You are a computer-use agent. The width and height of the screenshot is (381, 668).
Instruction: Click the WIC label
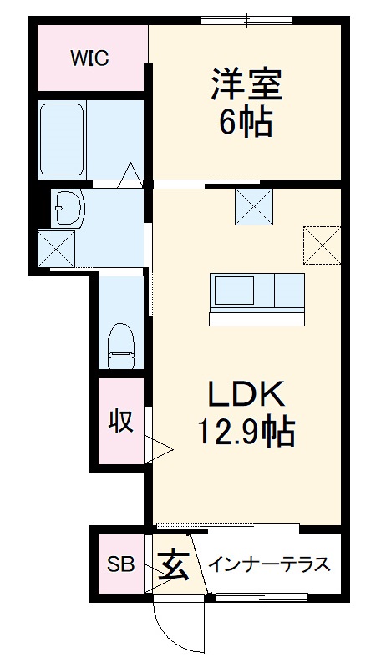(90, 58)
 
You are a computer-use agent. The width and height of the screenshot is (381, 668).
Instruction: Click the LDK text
(246, 393)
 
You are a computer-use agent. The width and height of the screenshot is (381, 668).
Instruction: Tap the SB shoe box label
(120, 565)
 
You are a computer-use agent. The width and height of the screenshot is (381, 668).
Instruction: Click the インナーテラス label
(267, 564)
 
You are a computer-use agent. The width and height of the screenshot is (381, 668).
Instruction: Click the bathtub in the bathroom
(62, 139)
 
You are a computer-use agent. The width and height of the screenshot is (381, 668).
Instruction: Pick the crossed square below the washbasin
(56, 248)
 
